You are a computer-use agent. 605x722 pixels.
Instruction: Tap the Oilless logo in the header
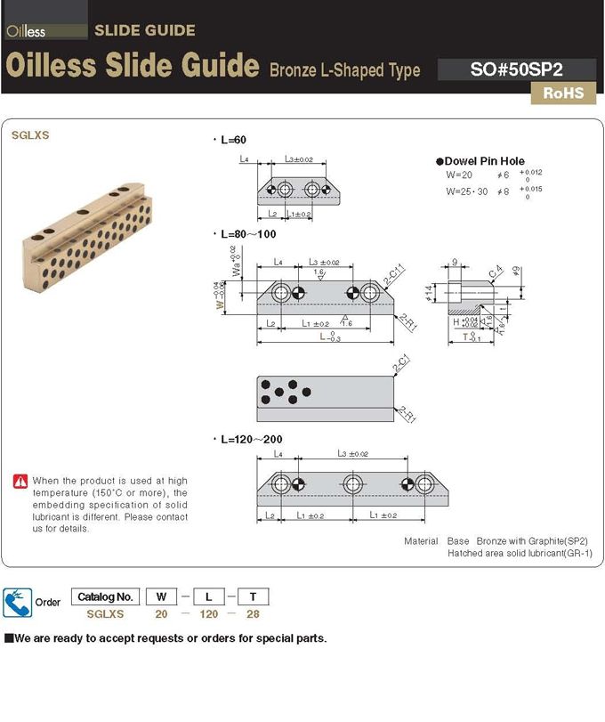(x=26, y=32)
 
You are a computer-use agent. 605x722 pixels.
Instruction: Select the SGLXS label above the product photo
(x=30, y=136)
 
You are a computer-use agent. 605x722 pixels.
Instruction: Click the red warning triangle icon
(x=20, y=481)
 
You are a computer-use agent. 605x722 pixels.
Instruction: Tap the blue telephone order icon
(x=17, y=601)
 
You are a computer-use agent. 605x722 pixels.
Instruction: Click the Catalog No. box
(x=105, y=596)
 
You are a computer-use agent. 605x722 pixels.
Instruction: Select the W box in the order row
(x=161, y=596)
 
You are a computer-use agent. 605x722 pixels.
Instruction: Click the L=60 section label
(x=233, y=141)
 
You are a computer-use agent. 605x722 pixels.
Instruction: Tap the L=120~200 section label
(x=252, y=439)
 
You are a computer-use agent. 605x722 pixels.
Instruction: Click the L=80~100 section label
(x=248, y=235)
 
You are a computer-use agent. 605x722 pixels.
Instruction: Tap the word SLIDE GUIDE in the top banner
(x=144, y=30)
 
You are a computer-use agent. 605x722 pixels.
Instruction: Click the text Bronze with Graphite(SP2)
(x=532, y=540)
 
